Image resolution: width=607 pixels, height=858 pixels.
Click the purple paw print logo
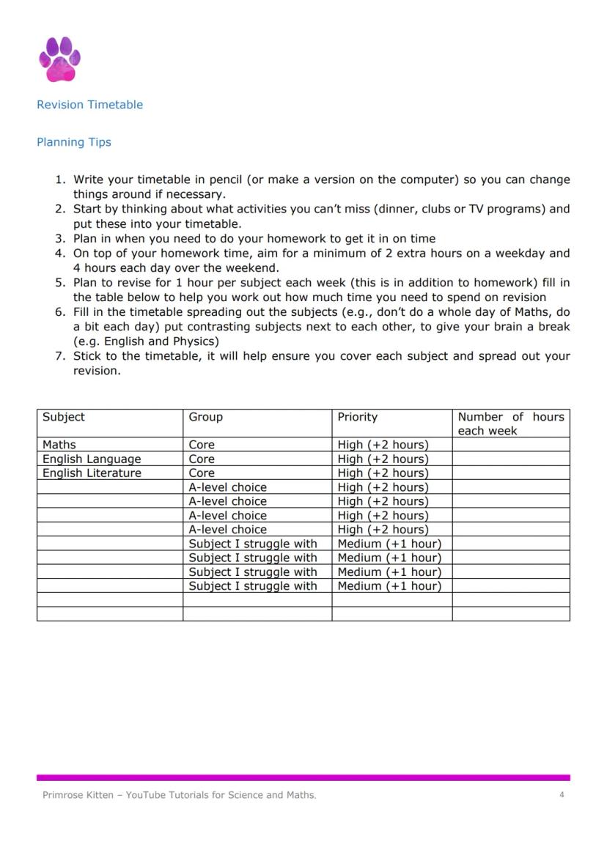coord(59,59)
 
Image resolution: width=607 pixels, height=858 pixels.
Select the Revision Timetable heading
coord(89,105)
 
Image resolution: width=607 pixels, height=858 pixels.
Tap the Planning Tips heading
coord(74,142)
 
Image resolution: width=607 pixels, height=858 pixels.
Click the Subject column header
coord(64,417)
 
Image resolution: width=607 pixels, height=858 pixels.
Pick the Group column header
coord(205,417)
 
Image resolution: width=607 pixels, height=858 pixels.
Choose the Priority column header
coord(357,417)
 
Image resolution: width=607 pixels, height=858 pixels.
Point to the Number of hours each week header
coord(510,424)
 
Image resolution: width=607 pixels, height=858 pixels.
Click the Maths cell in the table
coord(59,445)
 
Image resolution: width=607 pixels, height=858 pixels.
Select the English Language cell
coord(92,459)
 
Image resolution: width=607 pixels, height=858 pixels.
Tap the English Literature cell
coord(92,473)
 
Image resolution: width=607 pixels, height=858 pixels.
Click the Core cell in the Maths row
coord(202,445)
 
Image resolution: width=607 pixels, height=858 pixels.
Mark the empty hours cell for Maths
coord(510,445)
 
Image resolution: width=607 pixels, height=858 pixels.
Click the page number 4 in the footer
coord(562,795)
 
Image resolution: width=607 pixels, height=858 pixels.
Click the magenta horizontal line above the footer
coord(303,777)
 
